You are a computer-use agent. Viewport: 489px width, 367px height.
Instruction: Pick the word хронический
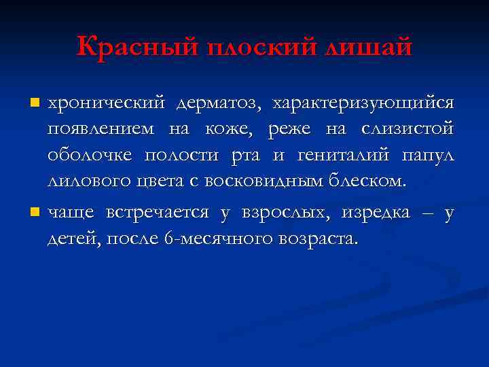[x=106, y=103]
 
